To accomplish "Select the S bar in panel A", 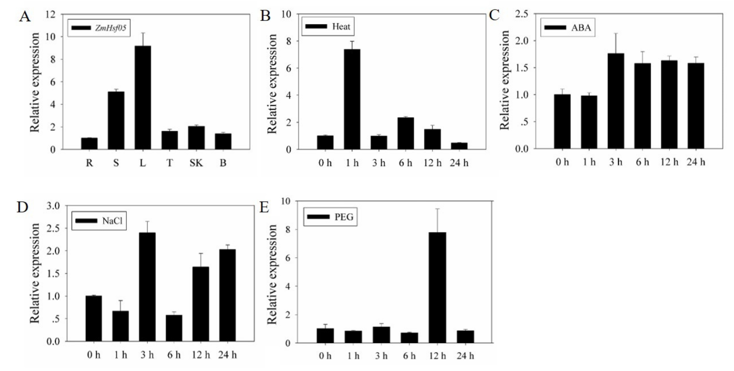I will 116,120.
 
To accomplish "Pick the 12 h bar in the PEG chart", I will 437,288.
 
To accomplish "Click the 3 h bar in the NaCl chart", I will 147,287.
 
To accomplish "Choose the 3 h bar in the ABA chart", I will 616,101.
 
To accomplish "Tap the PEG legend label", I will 344,217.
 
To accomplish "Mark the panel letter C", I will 494,15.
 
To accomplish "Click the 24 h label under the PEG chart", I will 465,356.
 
